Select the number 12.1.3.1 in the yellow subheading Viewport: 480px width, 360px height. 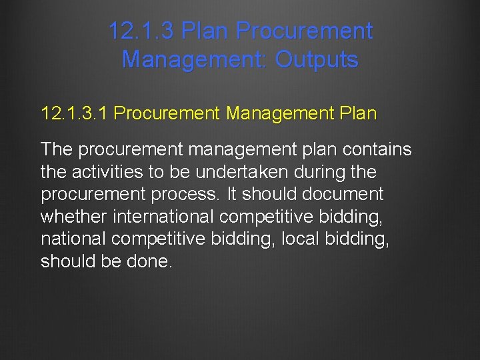[74, 113]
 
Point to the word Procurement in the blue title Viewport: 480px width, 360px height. [304, 31]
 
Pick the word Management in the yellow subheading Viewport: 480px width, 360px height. [279, 113]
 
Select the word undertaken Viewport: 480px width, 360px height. [249, 172]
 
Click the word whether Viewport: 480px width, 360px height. [74, 217]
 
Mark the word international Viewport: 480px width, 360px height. [163, 217]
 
